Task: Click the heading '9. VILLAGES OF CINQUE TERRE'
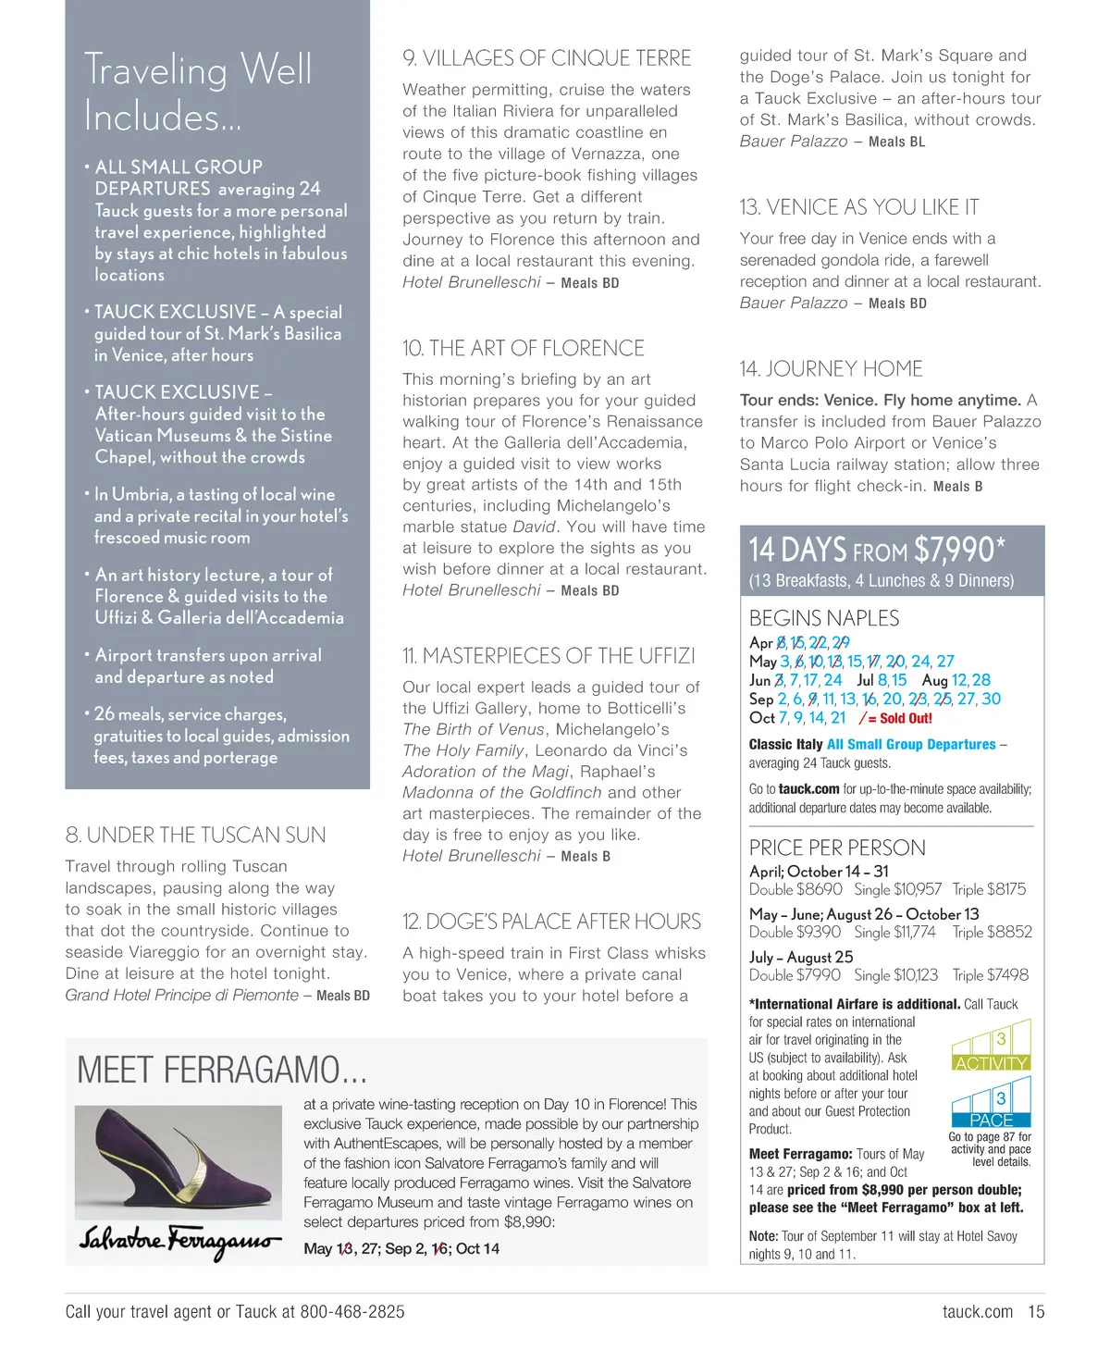point(547,58)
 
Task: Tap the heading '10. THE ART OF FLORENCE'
point(524,348)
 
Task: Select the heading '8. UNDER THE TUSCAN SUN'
point(195,835)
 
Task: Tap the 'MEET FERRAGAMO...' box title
point(222,1070)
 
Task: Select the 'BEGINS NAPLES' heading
point(823,618)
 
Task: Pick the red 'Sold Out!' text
point(906,718)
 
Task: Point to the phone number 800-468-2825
point(352,1311)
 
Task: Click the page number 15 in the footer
point(1036,1311)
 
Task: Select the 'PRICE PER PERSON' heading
point(837,848)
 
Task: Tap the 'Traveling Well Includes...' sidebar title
point(198,93)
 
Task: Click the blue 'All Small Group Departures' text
point(911,744)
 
